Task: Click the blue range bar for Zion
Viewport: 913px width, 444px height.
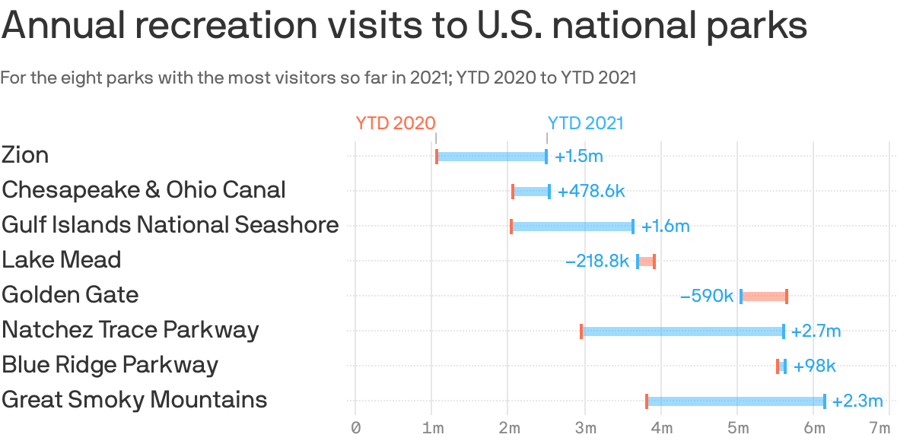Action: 491,157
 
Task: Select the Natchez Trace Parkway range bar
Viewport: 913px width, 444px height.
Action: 682,331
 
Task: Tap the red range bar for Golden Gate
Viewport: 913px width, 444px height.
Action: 764,296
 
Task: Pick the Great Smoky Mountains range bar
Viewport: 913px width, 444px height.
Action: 736,401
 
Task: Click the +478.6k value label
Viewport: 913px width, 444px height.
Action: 591,192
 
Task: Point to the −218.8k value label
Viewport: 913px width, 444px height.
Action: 597,262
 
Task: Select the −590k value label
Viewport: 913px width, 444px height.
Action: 707,296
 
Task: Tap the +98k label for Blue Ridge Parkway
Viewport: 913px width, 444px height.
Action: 814,366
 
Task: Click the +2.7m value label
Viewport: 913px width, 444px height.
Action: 816,331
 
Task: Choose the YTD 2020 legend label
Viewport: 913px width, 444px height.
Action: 396,123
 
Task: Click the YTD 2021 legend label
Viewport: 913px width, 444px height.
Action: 585,123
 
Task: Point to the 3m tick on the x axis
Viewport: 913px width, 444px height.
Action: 585,429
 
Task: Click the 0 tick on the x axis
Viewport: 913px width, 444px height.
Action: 355,429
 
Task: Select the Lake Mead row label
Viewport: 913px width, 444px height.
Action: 62,260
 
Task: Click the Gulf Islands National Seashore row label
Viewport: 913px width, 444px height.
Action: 170,225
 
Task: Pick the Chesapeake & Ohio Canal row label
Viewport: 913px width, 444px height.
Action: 144,190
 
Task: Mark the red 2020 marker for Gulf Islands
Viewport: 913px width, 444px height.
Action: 511,227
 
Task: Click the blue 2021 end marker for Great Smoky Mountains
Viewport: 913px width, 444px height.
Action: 824,401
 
